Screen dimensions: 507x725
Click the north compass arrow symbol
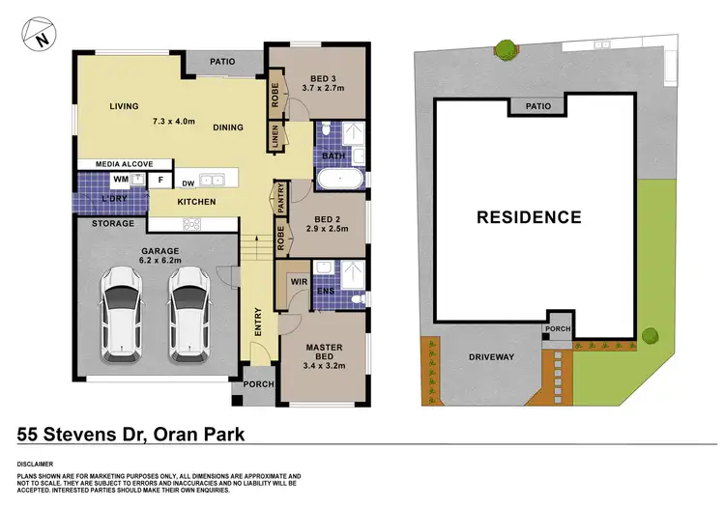[x=38, y=36]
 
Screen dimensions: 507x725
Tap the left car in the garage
[x=122, y=315]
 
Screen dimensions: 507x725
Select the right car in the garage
[x=188, y=315]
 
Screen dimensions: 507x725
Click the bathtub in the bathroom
[x=339, y=180]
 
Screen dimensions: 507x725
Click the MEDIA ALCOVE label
[x=121, y=164]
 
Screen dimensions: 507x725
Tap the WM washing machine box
[x=121, y=180]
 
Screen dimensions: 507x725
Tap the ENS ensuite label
[x=327, y=290]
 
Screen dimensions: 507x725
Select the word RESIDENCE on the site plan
[x=528, y=217]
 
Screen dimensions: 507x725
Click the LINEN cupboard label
[x=275, y=140]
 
